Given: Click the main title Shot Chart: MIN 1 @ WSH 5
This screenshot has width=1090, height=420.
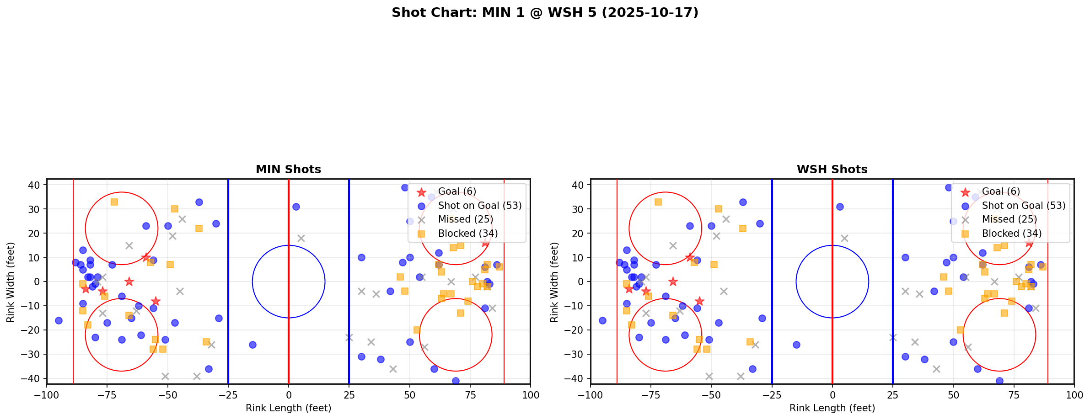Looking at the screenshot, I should [545, 12].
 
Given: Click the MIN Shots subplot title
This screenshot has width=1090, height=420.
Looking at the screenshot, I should [288, 170].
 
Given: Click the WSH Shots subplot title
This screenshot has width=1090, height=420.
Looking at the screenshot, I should [832, 170].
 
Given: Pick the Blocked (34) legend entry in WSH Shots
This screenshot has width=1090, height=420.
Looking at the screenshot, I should [1011, 234].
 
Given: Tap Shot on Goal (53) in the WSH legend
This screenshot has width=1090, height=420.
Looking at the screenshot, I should [1023, 206].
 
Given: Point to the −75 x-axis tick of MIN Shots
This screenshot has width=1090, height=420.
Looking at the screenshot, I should [107, 394].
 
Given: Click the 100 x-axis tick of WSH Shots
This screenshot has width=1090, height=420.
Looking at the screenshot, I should [1074, 394].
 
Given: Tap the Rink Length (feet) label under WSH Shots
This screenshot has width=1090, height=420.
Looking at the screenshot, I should [832, 408].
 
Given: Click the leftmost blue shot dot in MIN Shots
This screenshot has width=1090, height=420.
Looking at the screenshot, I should [59, 320].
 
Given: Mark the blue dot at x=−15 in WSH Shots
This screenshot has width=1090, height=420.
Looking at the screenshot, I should [796, 345].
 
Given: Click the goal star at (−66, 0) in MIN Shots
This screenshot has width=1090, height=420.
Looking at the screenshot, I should [129, 282].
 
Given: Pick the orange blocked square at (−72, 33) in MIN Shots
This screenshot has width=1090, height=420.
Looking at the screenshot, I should [114, 202].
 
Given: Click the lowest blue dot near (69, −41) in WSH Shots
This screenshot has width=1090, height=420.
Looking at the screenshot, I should [999, 381].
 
